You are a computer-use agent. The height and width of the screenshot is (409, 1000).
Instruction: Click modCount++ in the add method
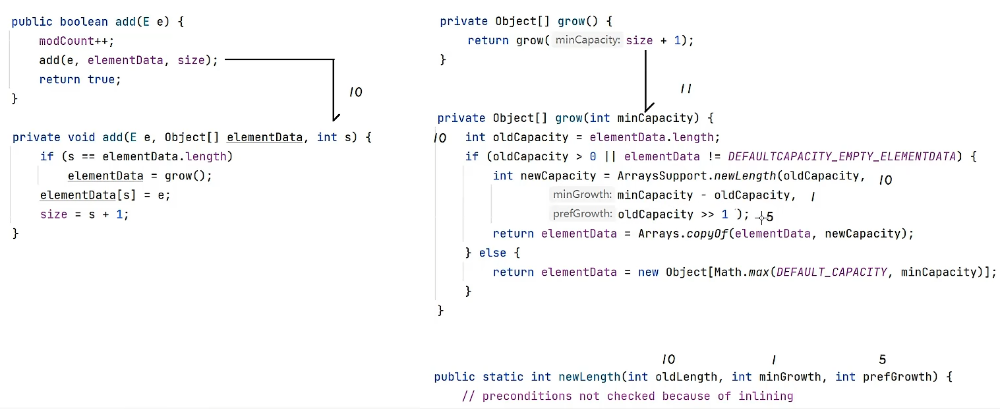point(76,41)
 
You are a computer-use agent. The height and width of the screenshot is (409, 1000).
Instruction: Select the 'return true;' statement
point(80,79)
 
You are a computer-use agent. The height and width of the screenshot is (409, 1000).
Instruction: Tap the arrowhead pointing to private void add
point(336,117)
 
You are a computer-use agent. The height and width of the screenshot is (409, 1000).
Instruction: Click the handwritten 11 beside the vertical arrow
point(686,88)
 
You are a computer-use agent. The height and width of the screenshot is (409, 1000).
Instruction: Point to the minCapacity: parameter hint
point(587,41)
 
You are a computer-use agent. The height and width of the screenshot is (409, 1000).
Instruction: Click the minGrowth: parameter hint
point(582,195)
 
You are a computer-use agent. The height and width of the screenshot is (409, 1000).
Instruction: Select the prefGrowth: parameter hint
point(582,214)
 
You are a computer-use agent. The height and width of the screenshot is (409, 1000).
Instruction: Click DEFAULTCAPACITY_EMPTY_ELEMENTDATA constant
point(841,156)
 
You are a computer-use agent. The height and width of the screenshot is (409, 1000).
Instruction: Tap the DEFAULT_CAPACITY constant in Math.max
point(831,272)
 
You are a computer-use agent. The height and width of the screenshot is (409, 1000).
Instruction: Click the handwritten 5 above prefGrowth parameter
point(882,360)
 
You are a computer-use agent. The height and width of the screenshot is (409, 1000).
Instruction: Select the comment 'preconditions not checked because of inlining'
point(628,396)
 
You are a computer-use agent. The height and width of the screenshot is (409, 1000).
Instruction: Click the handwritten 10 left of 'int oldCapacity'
point(440,139)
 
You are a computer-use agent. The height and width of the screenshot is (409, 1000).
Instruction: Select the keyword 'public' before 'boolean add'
point(32,22)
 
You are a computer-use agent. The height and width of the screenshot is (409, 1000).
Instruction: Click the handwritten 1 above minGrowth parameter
point(773,360)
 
